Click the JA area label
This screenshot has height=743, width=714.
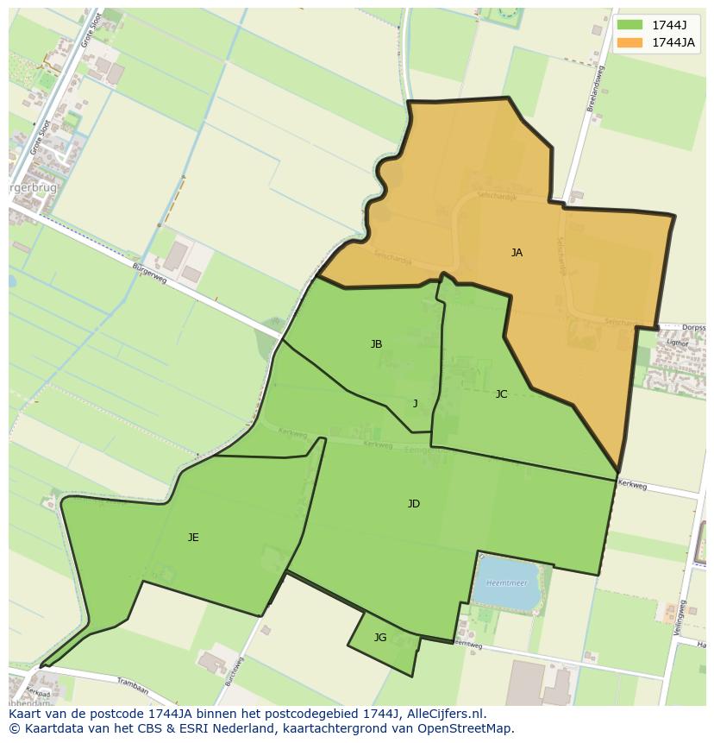click(x=517, y=253)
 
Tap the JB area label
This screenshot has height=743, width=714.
click(x=376, y=344)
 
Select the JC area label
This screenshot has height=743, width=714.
click(x=501, y=394)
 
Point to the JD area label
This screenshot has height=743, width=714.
click(x=414, y=504)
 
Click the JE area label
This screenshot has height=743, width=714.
click(x=193, y=538)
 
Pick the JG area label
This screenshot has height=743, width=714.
click(x=380, y=638)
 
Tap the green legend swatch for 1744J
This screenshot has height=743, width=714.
click(x=630, y=24)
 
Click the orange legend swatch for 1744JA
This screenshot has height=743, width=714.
click(x=630, y=42)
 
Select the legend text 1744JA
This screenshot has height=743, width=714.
click(x=673, y=42)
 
